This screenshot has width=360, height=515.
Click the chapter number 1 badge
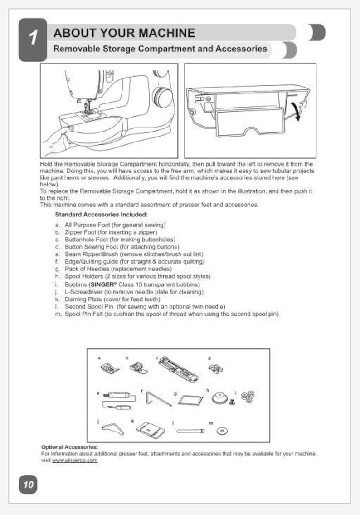point(33,39)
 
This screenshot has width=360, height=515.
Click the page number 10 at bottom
point(28,485)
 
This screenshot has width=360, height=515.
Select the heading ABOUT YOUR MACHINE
point(124,33)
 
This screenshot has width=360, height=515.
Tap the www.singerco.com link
point(75,460)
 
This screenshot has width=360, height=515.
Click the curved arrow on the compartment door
point(295,111)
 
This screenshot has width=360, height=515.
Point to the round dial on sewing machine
point(162,97)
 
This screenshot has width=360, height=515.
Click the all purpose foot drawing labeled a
point(110,366)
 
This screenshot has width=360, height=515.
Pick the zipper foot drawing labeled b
point(137,367)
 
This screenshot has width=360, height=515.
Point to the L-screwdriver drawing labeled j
point(112,427)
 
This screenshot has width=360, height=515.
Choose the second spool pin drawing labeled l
point(190,430)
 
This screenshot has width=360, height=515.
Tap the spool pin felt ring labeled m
point(222,430)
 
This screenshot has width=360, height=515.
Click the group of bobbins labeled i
point(248,396)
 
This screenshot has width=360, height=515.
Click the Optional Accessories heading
point(69,447)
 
